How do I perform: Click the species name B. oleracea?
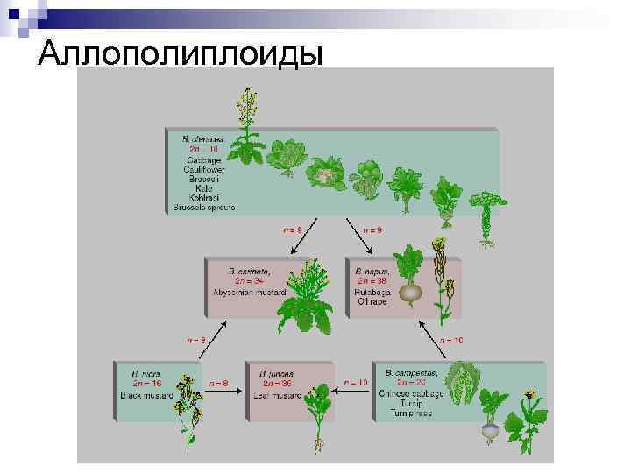click(203, 138)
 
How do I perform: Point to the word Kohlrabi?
click(204, 198)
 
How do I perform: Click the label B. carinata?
click(250, 271)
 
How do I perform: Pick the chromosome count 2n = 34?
click(250, 280)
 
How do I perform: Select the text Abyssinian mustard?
click(250, 291)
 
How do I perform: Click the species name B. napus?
click(372, 271)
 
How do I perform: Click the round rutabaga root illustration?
click(410, 293)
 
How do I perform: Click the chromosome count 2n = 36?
click(277, 384)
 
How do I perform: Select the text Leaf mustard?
click(277, 394)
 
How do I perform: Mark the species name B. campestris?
click(412, 373)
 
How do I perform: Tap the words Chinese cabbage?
click(413, 393)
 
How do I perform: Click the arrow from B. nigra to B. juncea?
click(225, 393)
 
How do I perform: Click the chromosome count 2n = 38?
click(372, 280)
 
